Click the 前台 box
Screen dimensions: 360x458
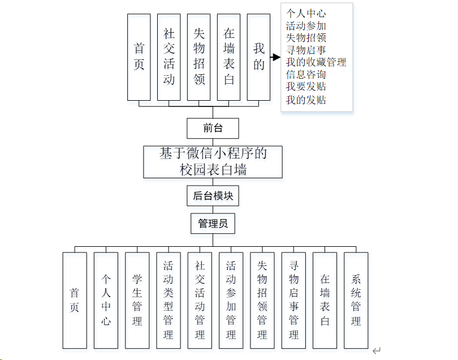tap(213, 128)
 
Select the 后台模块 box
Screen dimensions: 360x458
tap(213, 196)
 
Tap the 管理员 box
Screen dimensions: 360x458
tap(213, 224)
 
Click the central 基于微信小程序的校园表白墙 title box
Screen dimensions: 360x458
tap(213, 161)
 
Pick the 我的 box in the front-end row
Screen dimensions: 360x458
tap(259, 57)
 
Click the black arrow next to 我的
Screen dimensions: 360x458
tap(275, 57)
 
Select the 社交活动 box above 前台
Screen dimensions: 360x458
tap(169, 57)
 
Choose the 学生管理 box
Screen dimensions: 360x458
tap(137, 300)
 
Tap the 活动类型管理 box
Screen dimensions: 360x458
tap(168, 300)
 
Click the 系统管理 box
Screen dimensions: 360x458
tap(356, 300)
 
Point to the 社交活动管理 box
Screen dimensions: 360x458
tap(200, 300)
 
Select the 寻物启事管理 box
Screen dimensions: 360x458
tap(293, 300)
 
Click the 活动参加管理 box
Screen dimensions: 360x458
tap(231, 300)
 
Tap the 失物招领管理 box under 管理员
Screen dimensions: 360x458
tap(262, 300)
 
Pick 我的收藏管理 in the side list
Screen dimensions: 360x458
tap(316, 62)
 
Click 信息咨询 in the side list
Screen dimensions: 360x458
tap(305, 74)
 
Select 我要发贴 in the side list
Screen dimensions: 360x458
tap(305, 87)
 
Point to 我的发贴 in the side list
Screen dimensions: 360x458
tap(305, 100)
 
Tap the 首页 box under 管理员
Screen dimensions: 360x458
tap(75, 300)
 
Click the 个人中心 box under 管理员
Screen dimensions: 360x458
tap(106, 300)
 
